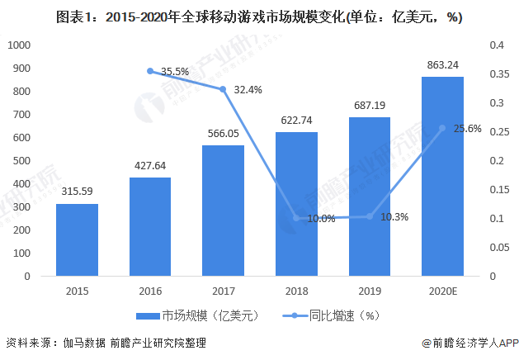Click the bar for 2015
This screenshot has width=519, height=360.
pos(77,239)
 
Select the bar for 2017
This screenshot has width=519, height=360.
pos(224,211)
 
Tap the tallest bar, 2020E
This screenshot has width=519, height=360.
pos(442,176)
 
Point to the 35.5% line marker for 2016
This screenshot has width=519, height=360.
pos(150,71)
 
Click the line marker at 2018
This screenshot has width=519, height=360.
pos(296,218)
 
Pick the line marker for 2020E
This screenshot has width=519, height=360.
pos(442,128)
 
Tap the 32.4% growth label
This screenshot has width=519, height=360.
pos(248,89)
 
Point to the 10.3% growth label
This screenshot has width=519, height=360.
pos(395,216)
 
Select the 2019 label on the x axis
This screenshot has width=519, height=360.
pos(370,291)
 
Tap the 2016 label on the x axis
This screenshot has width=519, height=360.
pos(150,291)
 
